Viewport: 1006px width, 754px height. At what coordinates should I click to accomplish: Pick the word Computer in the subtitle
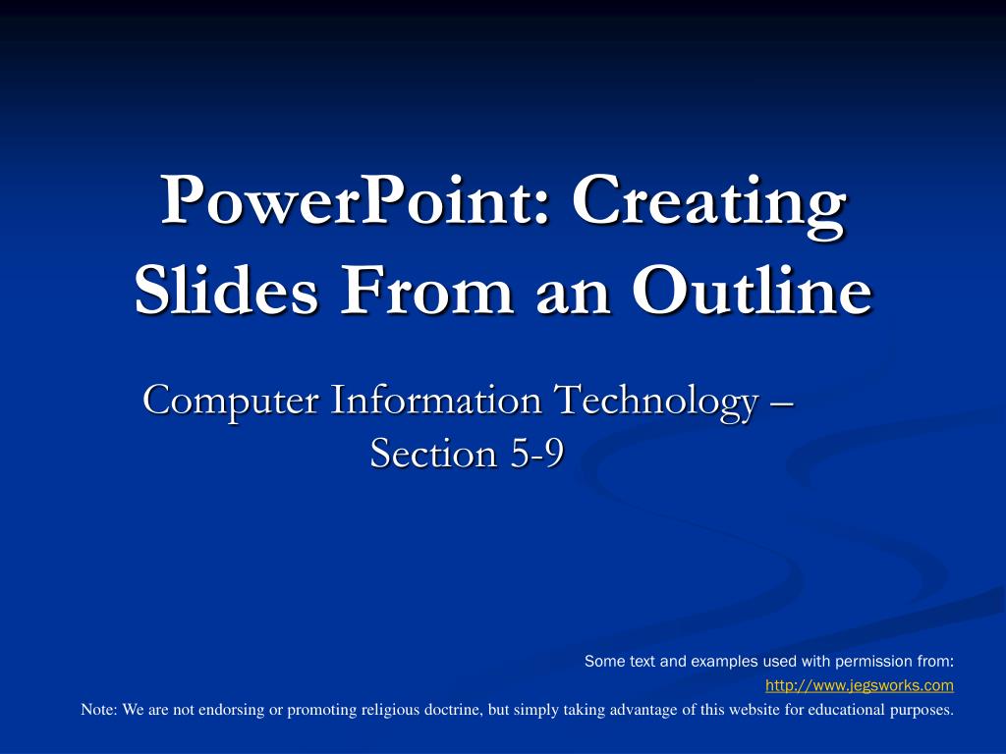[x=230, y=402]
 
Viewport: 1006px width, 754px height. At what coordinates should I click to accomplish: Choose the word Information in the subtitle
[x=436, y=401]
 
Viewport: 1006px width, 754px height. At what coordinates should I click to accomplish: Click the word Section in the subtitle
[x=433, y=453]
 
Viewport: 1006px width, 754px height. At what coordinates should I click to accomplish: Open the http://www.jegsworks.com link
[x=860, y=685]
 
